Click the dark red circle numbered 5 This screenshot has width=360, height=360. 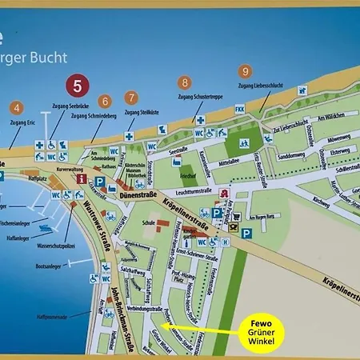click(77, 86)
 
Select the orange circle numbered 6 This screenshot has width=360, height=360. click(104, 102)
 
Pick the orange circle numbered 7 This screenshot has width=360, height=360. click(131, 98)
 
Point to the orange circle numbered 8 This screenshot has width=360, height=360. click(185, 82)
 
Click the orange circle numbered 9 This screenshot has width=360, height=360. click(245, 72)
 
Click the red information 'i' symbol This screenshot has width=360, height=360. click(81, 180)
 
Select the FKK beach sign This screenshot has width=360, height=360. click(239, 109)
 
